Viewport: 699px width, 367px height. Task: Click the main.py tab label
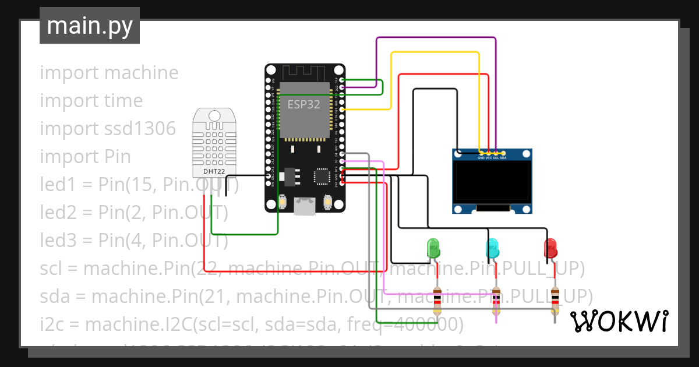pos(89,26)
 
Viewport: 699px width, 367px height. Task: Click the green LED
pos(434,249)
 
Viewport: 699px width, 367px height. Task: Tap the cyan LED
pos(492,249)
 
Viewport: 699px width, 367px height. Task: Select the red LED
pos(550,249)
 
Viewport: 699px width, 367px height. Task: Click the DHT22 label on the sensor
pos(214,171)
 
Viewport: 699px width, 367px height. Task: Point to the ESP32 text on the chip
pos(303,104)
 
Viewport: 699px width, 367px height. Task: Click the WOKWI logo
pos(618,321)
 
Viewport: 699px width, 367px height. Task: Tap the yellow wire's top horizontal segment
pos(435,53)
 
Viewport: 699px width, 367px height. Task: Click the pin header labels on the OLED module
pos(492,158)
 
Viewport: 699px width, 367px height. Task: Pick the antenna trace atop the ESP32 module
pos(303,73)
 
